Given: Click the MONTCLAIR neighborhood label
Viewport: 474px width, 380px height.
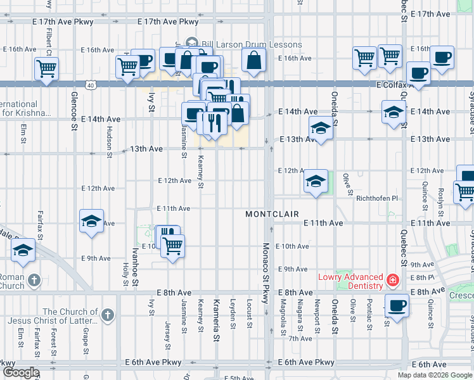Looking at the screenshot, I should pyautogui.click(x=272, y=215).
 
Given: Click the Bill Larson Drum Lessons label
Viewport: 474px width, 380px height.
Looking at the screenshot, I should pyautogui.click(x=251, y=44).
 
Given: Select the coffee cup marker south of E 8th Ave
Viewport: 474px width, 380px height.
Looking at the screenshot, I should pyautogui.click(x=397, y=305).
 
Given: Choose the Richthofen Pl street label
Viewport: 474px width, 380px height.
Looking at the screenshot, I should pyautogui.click(x=376, y=198).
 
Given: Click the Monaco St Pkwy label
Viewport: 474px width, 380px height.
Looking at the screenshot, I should pyautogui.click(x=267, y=269).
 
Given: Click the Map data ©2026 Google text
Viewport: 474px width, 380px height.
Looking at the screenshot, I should pyautogui.click(x=434, y=375).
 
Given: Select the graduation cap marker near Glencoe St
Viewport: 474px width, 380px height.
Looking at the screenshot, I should pyautogui.click(x=91, y=221).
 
